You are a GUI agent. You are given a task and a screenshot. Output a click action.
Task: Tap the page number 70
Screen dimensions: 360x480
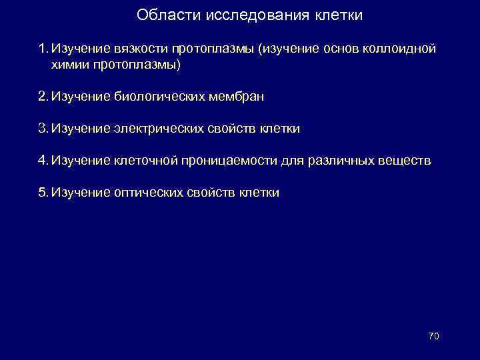(x=433, y=336)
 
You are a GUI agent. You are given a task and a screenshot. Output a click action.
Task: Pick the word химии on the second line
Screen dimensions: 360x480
(x=68, y=65)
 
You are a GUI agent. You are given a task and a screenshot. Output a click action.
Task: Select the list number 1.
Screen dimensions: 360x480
(x=43, y=49)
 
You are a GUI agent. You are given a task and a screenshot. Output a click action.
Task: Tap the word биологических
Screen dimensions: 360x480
(x=160, y=97)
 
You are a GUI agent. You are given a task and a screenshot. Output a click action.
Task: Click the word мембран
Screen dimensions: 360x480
(x=239, y=97)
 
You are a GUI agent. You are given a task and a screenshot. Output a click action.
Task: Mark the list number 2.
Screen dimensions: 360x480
(x=43, y=97)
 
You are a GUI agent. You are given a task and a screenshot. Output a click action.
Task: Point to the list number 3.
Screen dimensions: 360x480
(x=43, y=129)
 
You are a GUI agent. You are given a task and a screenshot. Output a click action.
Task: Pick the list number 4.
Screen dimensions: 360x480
(x=43, y=161)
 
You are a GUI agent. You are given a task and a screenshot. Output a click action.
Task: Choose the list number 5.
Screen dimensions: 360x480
(x=43, y=193)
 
